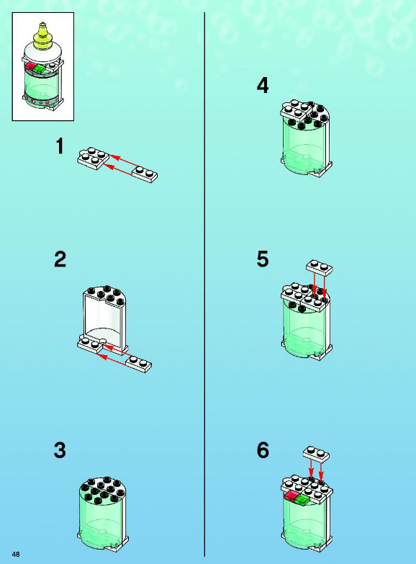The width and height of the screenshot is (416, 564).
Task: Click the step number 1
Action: tap(60, 146)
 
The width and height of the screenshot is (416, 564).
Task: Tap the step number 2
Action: tap(60, 259)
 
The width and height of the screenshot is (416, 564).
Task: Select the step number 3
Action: tap(60, 450)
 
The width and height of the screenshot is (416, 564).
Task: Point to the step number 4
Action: tap(263, 86)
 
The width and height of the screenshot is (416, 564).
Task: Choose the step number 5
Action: tap(263, 259)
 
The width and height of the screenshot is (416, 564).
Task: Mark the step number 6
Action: tap(263, 450)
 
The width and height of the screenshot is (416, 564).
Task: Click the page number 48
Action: tap(16, 554)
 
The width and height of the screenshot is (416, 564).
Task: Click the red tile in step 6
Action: tap(291, 496)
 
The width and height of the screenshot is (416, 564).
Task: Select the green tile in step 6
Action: tap(302, 499)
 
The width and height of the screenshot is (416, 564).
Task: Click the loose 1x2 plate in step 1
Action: tap(145, 174)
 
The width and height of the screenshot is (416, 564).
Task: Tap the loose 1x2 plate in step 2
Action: tap(139, 364)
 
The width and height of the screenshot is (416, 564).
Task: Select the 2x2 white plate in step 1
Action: tap(93, 158)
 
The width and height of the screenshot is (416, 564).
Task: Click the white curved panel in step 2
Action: tap(104, 320)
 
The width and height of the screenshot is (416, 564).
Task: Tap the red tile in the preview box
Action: tap(31, 66)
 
